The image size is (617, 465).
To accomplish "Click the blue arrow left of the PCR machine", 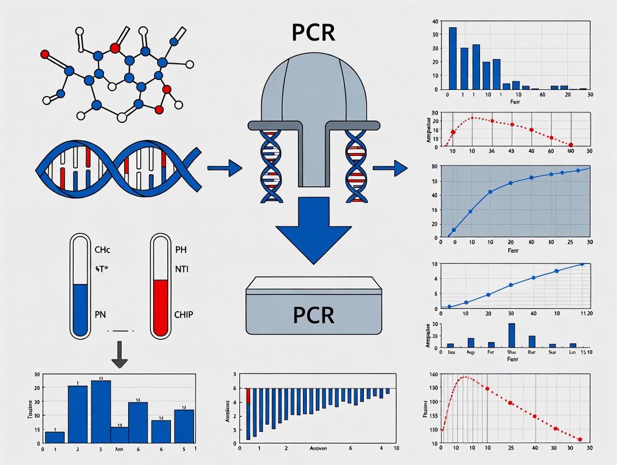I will (224, 167).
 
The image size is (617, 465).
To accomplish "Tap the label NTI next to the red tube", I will (182, 269).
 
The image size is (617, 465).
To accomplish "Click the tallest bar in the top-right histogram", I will (453, 58).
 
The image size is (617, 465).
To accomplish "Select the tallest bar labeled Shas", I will (511, 335).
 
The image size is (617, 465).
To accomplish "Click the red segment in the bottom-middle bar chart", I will (248, 396).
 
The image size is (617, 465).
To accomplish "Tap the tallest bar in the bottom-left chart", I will (101, 411).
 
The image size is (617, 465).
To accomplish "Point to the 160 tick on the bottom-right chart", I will (432, 374).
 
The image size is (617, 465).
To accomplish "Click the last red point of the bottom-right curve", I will (580, 439).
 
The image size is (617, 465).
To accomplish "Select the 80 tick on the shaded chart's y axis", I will (434, 167).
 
